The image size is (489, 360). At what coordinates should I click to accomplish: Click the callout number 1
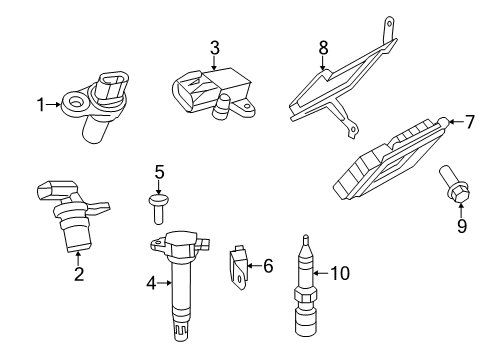point(41,103)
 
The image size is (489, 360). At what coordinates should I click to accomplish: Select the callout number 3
point(214,48)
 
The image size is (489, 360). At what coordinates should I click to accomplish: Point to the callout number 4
point(151,283)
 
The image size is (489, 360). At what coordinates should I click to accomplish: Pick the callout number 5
point(158,172)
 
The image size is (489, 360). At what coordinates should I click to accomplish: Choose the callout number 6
point(267,266)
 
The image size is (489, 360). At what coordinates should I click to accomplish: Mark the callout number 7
point(470,122)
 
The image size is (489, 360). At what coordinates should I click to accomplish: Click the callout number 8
point(323,46)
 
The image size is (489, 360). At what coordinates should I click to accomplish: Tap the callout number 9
point(461,227)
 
